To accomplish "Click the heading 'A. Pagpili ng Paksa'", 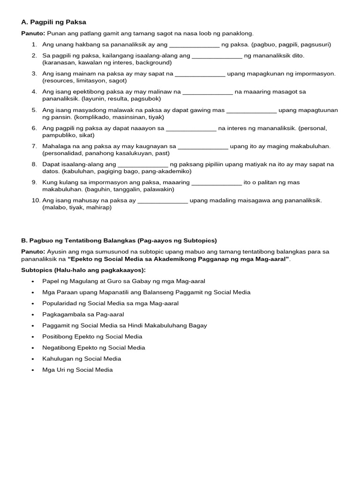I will tap(54, 22).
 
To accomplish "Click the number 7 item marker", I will tap(34, 146).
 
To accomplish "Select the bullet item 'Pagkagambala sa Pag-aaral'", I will tap(83, 314).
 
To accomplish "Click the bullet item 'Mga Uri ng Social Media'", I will tap(77, 369).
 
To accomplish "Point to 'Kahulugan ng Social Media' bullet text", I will tap(82, 359).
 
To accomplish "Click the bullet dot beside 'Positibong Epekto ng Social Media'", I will tap(33, 337).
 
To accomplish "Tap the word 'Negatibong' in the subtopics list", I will tap(59, 347).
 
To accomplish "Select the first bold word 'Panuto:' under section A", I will tap(33, 33).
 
